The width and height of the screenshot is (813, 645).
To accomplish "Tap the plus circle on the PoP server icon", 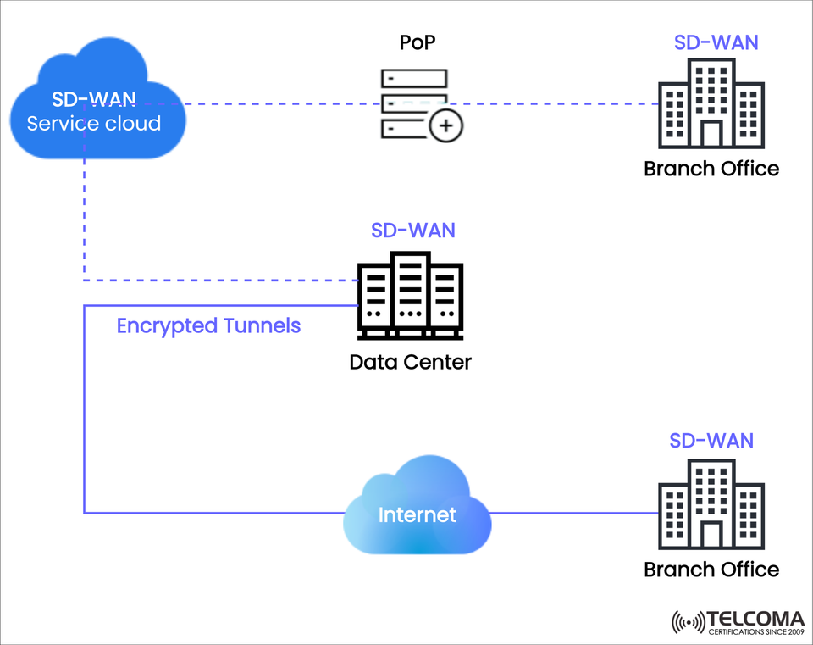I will tap(446, 127).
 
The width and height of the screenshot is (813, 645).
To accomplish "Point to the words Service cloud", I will tap(93, 124).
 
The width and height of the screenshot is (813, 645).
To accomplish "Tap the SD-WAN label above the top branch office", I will tap(715, 42).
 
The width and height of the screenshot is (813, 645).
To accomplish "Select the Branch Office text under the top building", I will tap(711, 169).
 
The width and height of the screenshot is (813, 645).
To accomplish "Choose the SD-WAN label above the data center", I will tap(413, 231).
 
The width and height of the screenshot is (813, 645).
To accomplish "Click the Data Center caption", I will tap(411, 363).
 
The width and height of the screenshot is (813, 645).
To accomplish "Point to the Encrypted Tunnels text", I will tap(208, 325).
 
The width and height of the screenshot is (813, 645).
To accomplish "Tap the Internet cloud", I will tap(418, 514).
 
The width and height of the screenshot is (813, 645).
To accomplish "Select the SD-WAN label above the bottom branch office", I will tap(711, 441).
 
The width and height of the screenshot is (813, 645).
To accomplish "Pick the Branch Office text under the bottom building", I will tap(711, 570).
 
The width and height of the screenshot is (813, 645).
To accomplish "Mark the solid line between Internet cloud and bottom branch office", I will tap(576, 513).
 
